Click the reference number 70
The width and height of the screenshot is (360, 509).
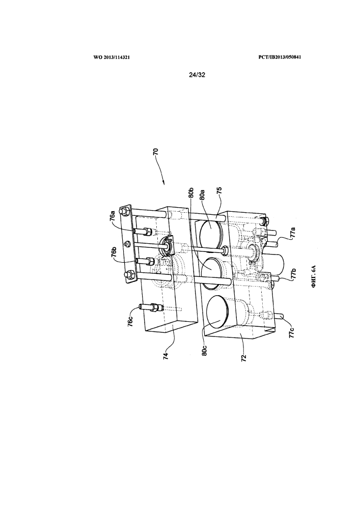tap(156, 153)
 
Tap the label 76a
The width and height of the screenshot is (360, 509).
tap(113, 215)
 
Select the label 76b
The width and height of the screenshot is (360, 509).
tap(114, 253)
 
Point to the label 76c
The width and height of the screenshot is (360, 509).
tap(131, 321)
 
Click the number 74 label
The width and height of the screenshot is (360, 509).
tap(166, 355)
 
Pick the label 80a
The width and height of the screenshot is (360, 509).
tap(202, 197)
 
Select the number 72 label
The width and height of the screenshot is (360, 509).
tap(244, 358)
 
